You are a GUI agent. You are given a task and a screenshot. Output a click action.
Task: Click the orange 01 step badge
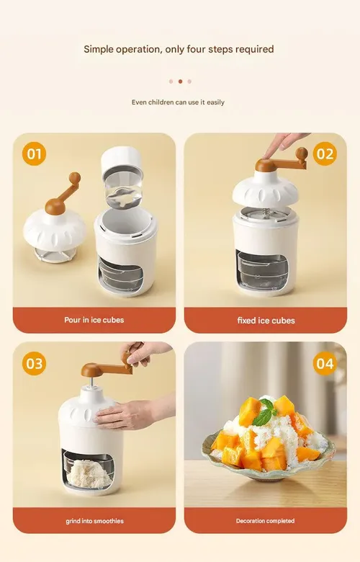click(x=34, y=153)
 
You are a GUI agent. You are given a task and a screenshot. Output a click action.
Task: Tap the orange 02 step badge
click(x=325, y=153)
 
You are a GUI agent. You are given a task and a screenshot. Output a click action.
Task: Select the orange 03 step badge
click(x=34, y=363)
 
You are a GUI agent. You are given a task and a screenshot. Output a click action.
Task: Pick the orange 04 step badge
click(x=325, y=363)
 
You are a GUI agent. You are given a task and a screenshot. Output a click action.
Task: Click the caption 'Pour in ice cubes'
click(x=94, y=320)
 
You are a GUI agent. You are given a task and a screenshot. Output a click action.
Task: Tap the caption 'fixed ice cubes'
click(x=266, y=321)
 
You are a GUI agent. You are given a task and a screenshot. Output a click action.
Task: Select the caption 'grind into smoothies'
click(x=94, y=521)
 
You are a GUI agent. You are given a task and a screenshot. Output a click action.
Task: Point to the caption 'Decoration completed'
click(x=266, y=521)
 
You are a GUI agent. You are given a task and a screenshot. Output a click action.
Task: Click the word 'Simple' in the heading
click(x=98, y=50)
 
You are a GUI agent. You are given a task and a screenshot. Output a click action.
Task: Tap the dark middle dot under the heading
click(x=180, y=81)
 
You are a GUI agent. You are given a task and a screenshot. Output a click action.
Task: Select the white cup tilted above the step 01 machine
click(x=122, y=176)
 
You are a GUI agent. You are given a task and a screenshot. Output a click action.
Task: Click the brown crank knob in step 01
click(x=74, y=177)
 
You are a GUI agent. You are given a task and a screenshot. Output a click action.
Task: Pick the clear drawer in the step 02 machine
click(x=263, y=269)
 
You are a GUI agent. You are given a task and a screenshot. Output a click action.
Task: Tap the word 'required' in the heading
click(x=254, y=50)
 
